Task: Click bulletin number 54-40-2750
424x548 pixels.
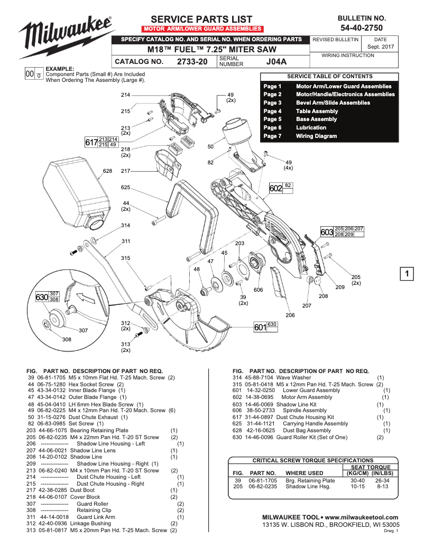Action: point(362,27)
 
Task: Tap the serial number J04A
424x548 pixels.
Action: point(276,61)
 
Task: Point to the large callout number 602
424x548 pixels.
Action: point(276,188)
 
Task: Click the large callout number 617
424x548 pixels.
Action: point(91,142)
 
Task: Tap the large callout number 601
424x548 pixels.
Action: point(260,328)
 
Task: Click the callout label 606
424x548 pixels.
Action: point(258,290)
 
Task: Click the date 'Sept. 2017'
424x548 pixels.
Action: point(380,47)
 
